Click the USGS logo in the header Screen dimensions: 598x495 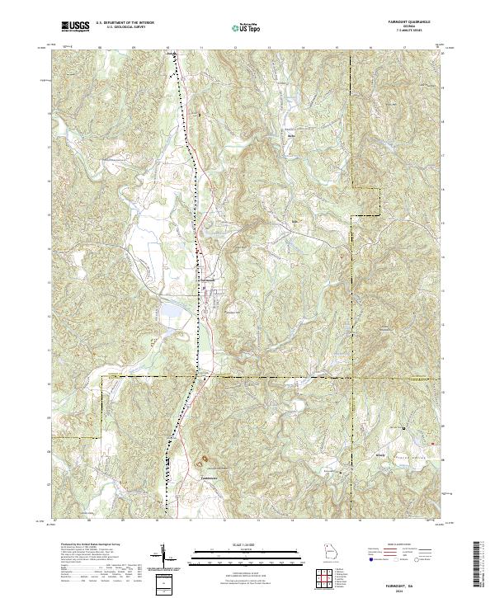[76, 27]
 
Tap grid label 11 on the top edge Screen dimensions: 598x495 [201, 49]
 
